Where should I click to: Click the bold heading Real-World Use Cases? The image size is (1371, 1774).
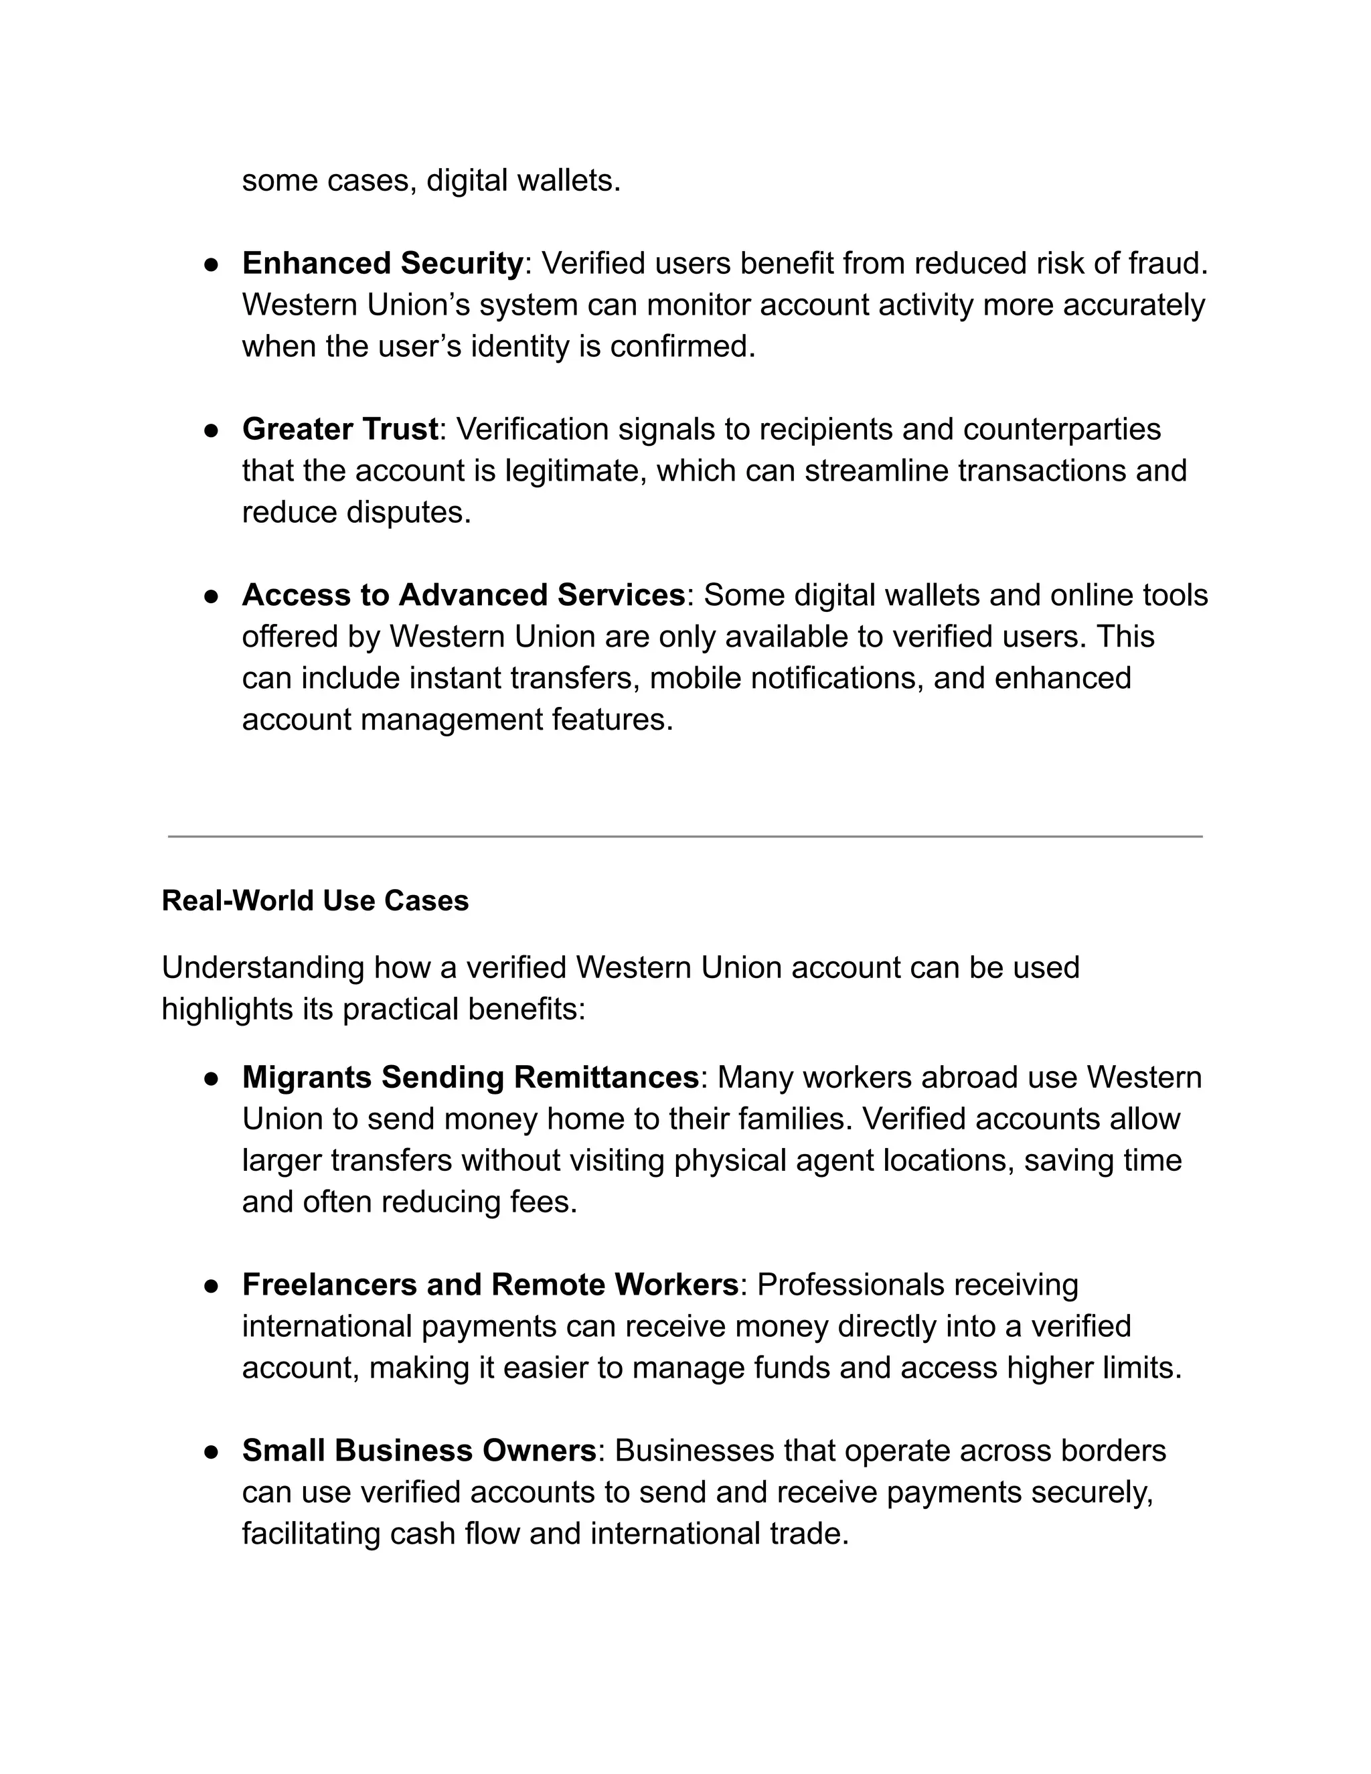tap(315, 901)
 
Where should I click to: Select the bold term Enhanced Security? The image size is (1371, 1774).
tap(382, 263)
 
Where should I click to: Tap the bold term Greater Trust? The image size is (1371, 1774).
tap(339, 429)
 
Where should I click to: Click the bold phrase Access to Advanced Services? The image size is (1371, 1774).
tap(463, 594)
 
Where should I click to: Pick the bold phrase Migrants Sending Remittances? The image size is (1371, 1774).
tap(470, 1077)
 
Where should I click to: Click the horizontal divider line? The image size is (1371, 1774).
tap(685, 836)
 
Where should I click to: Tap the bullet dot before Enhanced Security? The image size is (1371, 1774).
tap(211, 265)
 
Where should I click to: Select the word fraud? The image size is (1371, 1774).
tap(1166, 263)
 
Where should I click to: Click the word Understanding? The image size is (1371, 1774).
tap(262, 968)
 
